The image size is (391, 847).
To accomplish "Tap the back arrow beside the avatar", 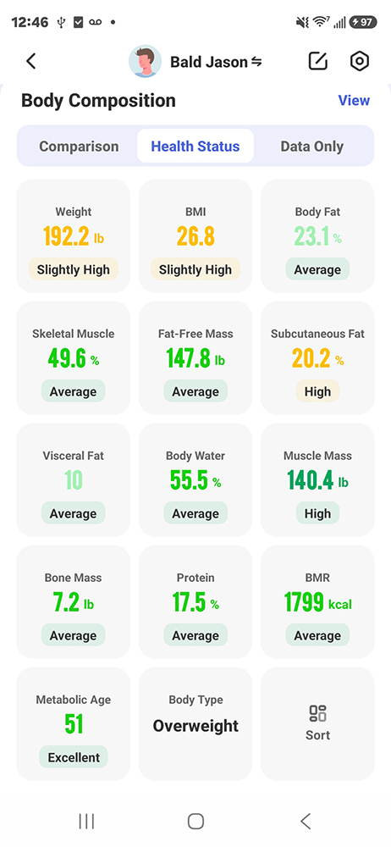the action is point(30,62).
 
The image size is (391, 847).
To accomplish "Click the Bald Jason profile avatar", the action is point(145,62).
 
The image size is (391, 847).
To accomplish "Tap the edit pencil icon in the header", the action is point(318,61).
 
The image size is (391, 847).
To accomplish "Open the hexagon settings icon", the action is point(360,62).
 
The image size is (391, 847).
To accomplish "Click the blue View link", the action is point(354,101).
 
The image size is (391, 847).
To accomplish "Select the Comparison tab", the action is point(79,147).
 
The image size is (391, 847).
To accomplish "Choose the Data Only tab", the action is point(312,147).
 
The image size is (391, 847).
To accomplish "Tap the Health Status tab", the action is point(195,147).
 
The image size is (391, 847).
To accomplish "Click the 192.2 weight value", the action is point(66,236).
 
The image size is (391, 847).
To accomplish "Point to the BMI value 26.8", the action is point(195,236).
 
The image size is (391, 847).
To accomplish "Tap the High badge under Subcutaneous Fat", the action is point(317,391).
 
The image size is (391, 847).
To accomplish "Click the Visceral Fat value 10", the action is point(73,480).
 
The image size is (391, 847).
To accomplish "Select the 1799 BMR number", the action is point(304,603).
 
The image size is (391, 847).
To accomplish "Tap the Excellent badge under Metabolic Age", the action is point(74,757).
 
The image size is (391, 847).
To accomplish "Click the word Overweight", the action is point(195,726).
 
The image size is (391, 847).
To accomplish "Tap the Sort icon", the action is point(317,713).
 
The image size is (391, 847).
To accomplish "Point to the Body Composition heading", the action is point(98,101).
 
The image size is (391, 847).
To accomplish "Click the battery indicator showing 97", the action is point(363,22).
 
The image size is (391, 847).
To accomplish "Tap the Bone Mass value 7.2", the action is point(66,603).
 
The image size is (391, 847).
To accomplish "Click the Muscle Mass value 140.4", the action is point(310,480).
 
